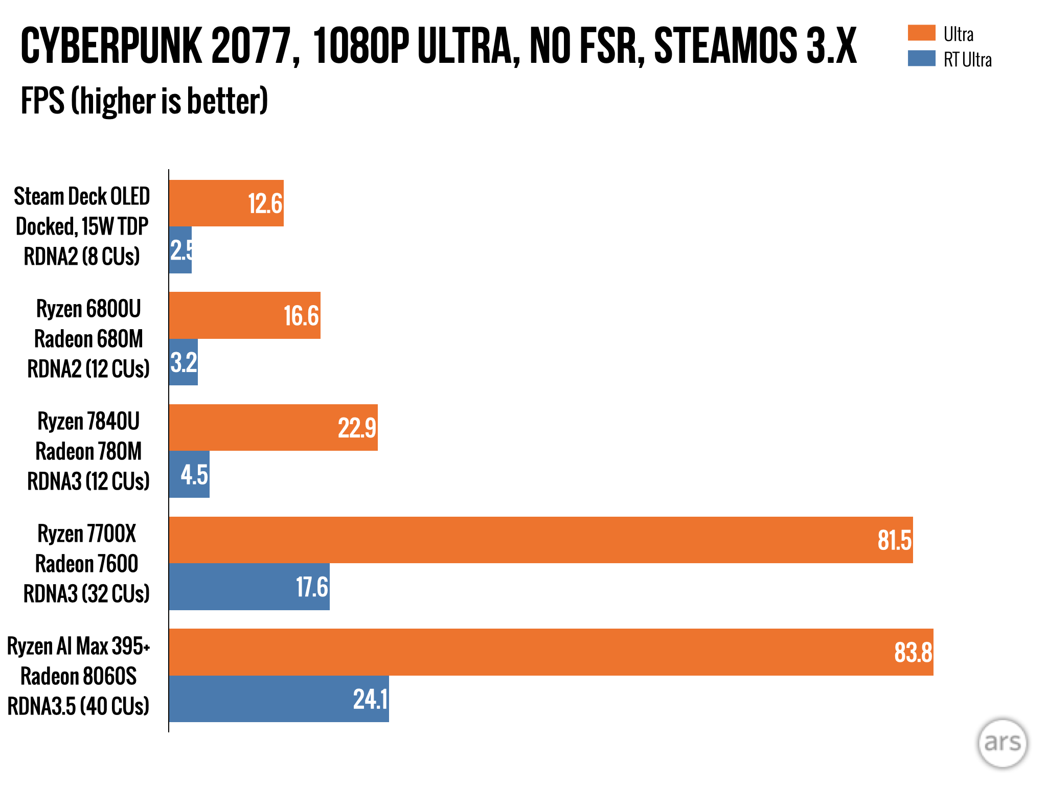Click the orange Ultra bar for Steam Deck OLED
pyautogui.click(x=226, y=203)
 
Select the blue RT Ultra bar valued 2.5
pyautogui.click(x=180, y=250)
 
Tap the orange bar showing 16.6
pyautogui.click(x=244, y=315)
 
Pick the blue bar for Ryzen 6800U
pyautogui.click(x=184, y=362)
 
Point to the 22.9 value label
pyautogui.click(x=357, y=428)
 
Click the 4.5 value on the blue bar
pyautogui.click(x=194, y=475)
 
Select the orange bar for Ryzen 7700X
pyautogui.click(x=540, y=540)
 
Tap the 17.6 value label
pyautogui.click(x=312, y=587)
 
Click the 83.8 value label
pyautogui.click(x=913, y=653)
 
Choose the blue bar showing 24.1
pyautogui.click(x=279, y=699)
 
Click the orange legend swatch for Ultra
pyautogui.click(x=921, y=33)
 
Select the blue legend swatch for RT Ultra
pyautogui.click(x=921, y=58)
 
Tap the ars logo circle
pyautogui.click(x=1002, y=743)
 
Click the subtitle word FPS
pyautogui.click(x=42, y=101)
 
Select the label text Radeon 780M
pyautogui.click(x=88, y=452)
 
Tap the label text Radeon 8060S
pyautogui.click(x=79, y=677)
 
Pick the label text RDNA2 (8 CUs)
pyautogui.click(x=82, y=257)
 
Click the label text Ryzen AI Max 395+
pyautogui.click(x=79, y=647)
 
